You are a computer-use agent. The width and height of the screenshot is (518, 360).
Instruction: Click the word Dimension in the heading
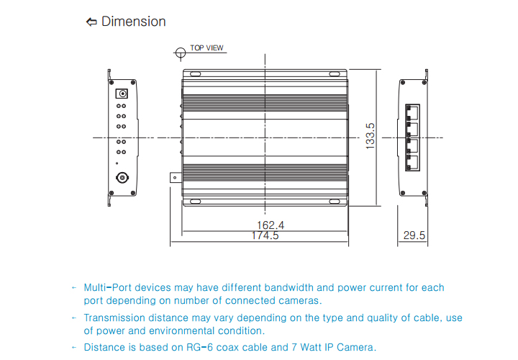pos(133,22)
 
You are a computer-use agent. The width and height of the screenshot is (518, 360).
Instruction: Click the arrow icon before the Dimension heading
pos(91,22)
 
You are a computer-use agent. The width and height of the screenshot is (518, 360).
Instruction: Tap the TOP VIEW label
pos(206,48)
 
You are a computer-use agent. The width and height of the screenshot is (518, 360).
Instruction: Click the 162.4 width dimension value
pos(265,225)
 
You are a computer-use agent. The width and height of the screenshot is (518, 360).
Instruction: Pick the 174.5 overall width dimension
pos(265,235)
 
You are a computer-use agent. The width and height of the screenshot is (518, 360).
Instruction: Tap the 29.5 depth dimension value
pos(414,235)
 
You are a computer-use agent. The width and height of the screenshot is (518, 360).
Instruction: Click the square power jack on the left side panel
pos(122,93)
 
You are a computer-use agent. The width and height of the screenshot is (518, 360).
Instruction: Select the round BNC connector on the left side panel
pos(122,177)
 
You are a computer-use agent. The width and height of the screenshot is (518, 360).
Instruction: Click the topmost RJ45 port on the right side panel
pos(414,112)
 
